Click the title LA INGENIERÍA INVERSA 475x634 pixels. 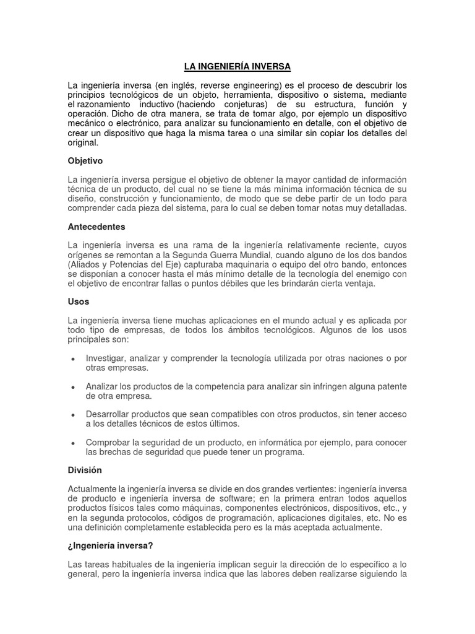[x=237, y=66]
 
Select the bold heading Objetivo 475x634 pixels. [x=85, y=160]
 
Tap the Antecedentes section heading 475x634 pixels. [x=96, y=227]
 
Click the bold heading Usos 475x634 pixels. [x=79, y=302]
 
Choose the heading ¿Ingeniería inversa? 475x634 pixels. [x=109, y=545]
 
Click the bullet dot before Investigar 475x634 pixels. [x=74, y=359]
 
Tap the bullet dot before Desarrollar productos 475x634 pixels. [x=74, y=415]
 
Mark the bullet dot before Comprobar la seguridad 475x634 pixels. [x=74, y=443]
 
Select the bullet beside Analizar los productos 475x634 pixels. [x=74, y=387]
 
